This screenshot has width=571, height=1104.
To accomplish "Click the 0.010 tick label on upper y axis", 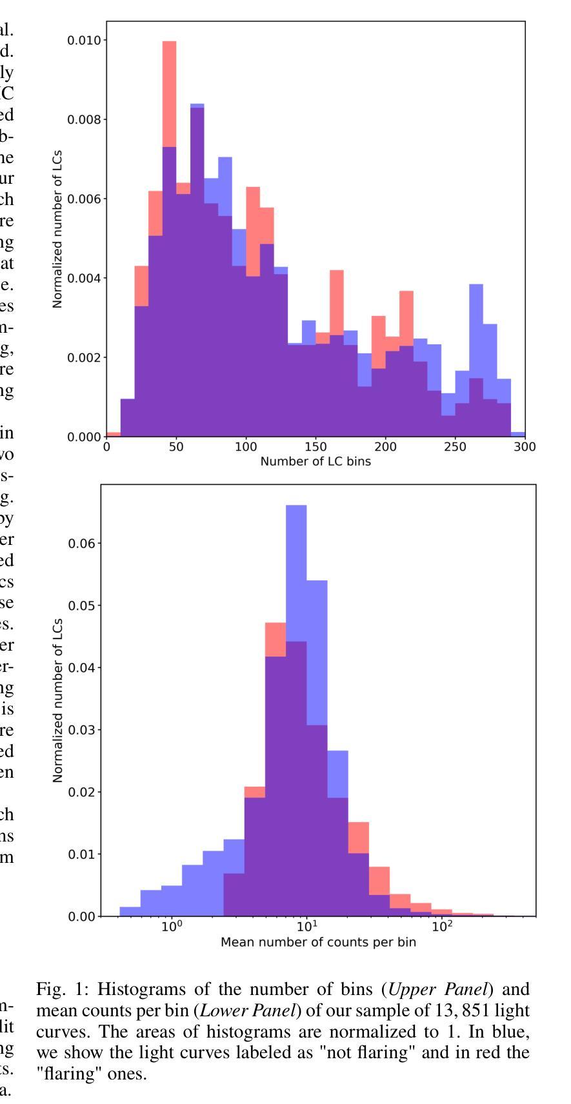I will click(83, 41).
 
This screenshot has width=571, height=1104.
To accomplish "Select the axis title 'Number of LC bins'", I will click(316, 461).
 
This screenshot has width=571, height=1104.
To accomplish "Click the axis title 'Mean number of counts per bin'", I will click(318, 942).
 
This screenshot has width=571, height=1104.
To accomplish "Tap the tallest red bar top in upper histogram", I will click(169, 43).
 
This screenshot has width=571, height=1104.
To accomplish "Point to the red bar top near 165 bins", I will click(337, 271).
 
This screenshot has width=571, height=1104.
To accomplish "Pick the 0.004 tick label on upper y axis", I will click(83, 279).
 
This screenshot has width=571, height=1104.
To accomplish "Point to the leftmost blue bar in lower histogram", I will click(130, 911).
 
